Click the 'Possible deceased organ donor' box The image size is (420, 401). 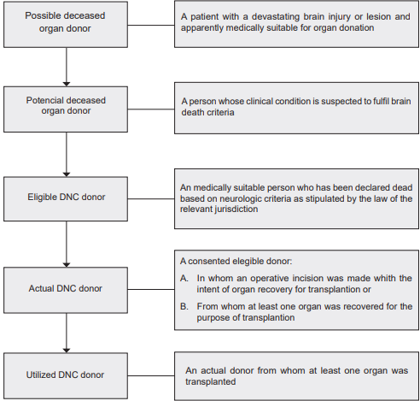pyautogui.click(x=65, y=23)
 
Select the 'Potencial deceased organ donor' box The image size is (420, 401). pyautogui.click(x=65, y=106)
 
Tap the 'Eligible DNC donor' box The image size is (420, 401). pyautogui.click(x=65, y=197)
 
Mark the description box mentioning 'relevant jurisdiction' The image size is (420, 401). pyautogui.click(x=297, y=198)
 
